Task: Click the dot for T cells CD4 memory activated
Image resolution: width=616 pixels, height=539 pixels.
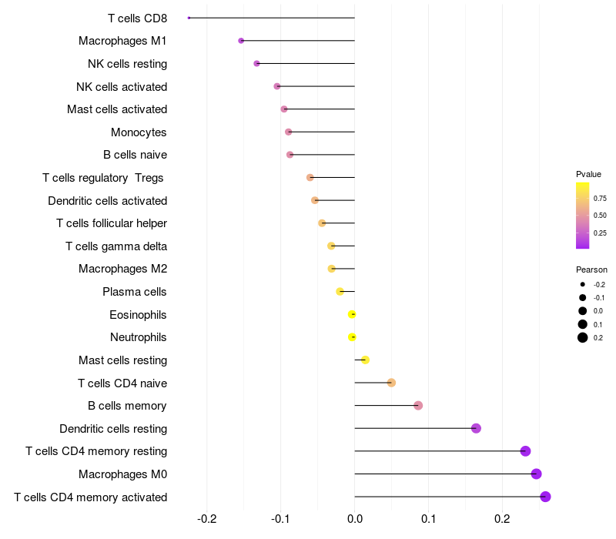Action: (x=545, y=497)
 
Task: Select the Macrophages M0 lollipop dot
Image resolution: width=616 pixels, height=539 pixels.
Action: (x=536, y=474)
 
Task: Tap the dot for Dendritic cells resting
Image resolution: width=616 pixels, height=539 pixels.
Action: (x=476, y=428)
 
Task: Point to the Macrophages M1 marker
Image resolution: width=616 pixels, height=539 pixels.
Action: (x=241, y=41)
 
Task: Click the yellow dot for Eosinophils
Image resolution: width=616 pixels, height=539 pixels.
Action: (x=352, y=314)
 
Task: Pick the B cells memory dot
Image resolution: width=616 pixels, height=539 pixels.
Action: (x=418, y=406)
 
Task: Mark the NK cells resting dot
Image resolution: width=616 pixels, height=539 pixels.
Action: (x=256, y=63)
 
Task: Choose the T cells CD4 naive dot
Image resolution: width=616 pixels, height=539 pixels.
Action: (x=391, y=383)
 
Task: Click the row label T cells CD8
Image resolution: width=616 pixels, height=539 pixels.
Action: (x=137, y=18)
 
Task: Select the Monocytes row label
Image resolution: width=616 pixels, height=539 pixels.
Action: (x=139, y=132)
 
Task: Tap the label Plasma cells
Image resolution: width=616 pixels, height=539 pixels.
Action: (x=135, y=292)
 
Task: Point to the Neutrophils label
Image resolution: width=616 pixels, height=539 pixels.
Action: (x=139, y=337)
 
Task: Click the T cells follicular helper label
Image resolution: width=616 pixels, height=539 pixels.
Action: (x=112, y=223)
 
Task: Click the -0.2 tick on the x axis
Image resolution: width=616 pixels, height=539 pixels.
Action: (x=207, y=519)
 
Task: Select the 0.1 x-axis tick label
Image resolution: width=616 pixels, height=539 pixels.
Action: (x=429, y=519)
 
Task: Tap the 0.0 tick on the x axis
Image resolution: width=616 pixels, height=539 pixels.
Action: (x=355, y=519)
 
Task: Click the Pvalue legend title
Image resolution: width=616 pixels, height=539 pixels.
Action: (x=588, y=174)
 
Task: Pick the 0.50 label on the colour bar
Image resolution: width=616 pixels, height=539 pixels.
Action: (x=600, y=216)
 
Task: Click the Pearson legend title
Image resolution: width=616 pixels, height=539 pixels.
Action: (x=591, y=269)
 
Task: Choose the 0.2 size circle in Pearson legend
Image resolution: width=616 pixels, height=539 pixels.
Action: (x=583, y=337)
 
